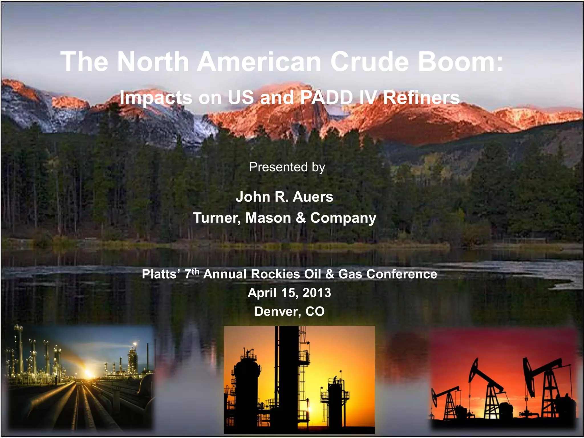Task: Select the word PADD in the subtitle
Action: (x=327, y=98)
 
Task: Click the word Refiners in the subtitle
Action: (x=421, y=98)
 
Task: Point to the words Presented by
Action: (x=287, y=167)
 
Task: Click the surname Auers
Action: (x=313, y=197)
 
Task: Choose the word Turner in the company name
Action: (x=217, y=218)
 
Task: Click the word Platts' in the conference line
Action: (x=161, y=274)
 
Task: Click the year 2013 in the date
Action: (x=317, y=293)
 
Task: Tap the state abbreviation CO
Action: (x=315, y=311)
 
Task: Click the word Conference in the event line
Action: (x=401, y=274)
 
